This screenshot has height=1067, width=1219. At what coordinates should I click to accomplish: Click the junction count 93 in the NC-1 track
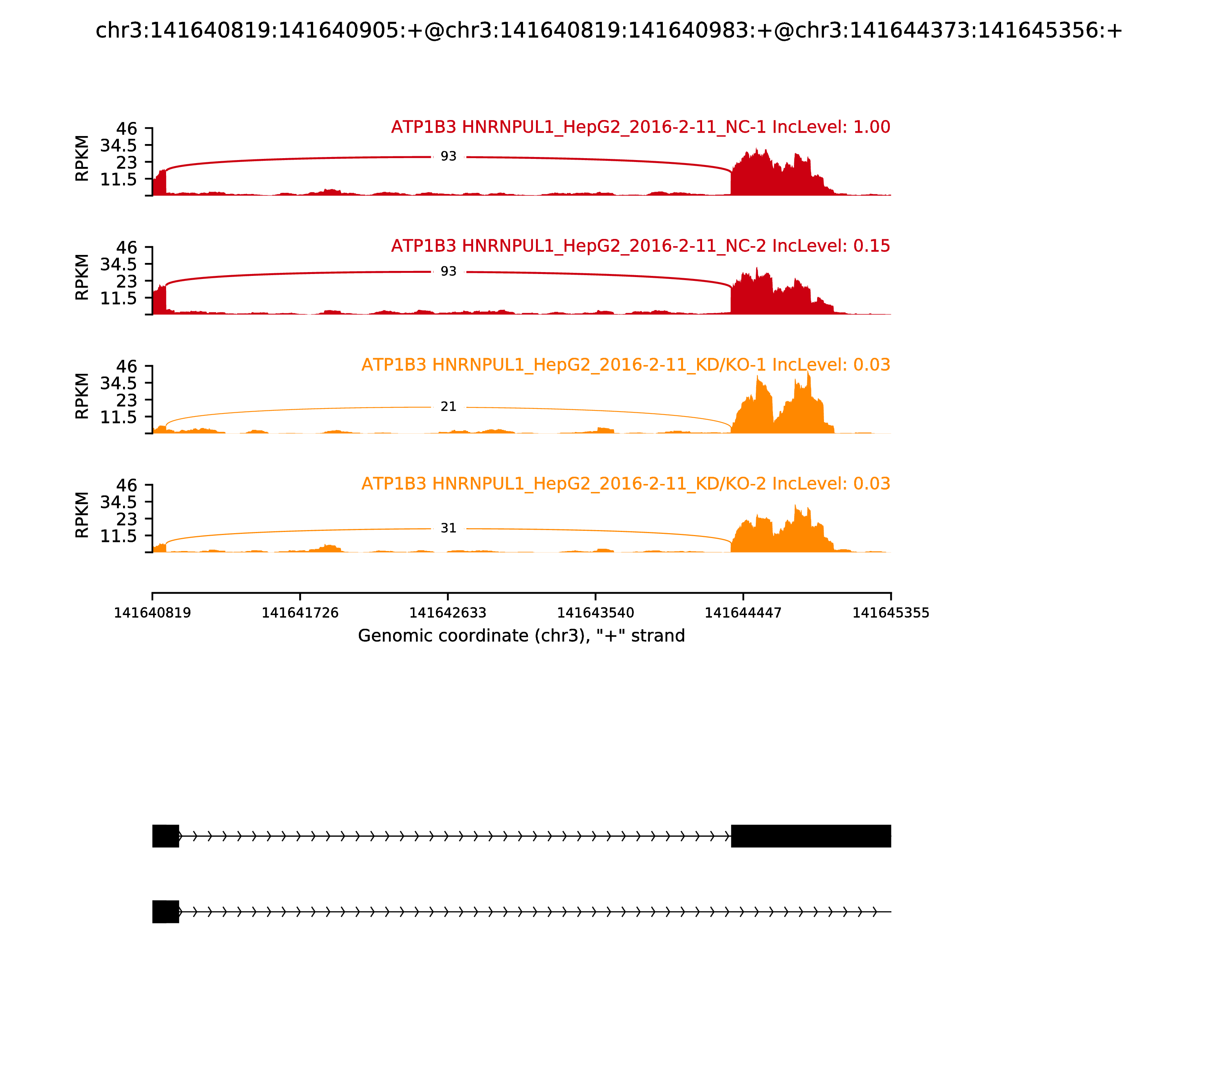coord(448,157)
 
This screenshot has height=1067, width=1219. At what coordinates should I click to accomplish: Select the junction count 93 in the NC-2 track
coord(448,271)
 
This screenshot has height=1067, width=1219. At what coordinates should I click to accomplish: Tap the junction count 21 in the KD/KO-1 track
coord(448,407)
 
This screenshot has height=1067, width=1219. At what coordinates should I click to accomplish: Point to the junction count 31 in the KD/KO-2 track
coord(448,528)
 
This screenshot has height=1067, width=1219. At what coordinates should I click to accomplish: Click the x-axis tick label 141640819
coord(152,613)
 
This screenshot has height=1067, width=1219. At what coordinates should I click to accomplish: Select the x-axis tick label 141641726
coord(300,613)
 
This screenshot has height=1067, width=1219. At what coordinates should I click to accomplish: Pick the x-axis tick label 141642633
coord(448,613)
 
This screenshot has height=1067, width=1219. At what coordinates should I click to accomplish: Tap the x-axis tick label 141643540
coord(595,613)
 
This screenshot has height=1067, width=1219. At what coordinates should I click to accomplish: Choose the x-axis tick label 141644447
coord(743,613)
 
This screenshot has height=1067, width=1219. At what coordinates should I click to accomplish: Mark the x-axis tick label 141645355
coord(891,613)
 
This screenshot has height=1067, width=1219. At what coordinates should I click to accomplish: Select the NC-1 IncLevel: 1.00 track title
coord(640,127)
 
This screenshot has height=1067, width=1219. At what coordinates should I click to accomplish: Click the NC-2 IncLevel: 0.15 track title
coord(640,246)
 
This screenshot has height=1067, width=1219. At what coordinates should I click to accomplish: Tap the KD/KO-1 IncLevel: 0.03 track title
coord(625,365)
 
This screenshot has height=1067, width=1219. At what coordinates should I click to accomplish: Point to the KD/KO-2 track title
coord(625,484)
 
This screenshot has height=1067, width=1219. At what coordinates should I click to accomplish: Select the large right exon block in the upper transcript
coord(811,836)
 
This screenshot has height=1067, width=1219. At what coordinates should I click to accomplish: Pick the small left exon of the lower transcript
coord(165,912)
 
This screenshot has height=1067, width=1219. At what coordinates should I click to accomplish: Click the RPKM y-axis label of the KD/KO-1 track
coord(82,396)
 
